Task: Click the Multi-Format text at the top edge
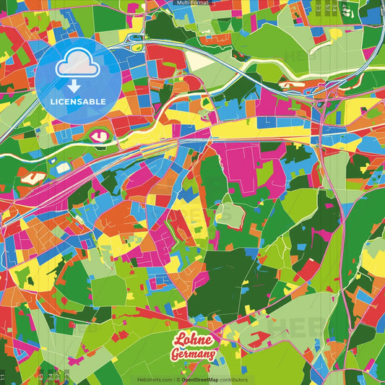pyautogui.click(x=192, y=3)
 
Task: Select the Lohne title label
pyautogui.click(x=193, y=341)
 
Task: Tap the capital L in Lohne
pyautogui.click(x=178, y=340)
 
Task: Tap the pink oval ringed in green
pyautogui.click(x=99, y=134)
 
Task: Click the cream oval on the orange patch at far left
pyautogui.click(x=30, y=176)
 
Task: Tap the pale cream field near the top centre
pyautogui.click(x=199, y=61)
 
